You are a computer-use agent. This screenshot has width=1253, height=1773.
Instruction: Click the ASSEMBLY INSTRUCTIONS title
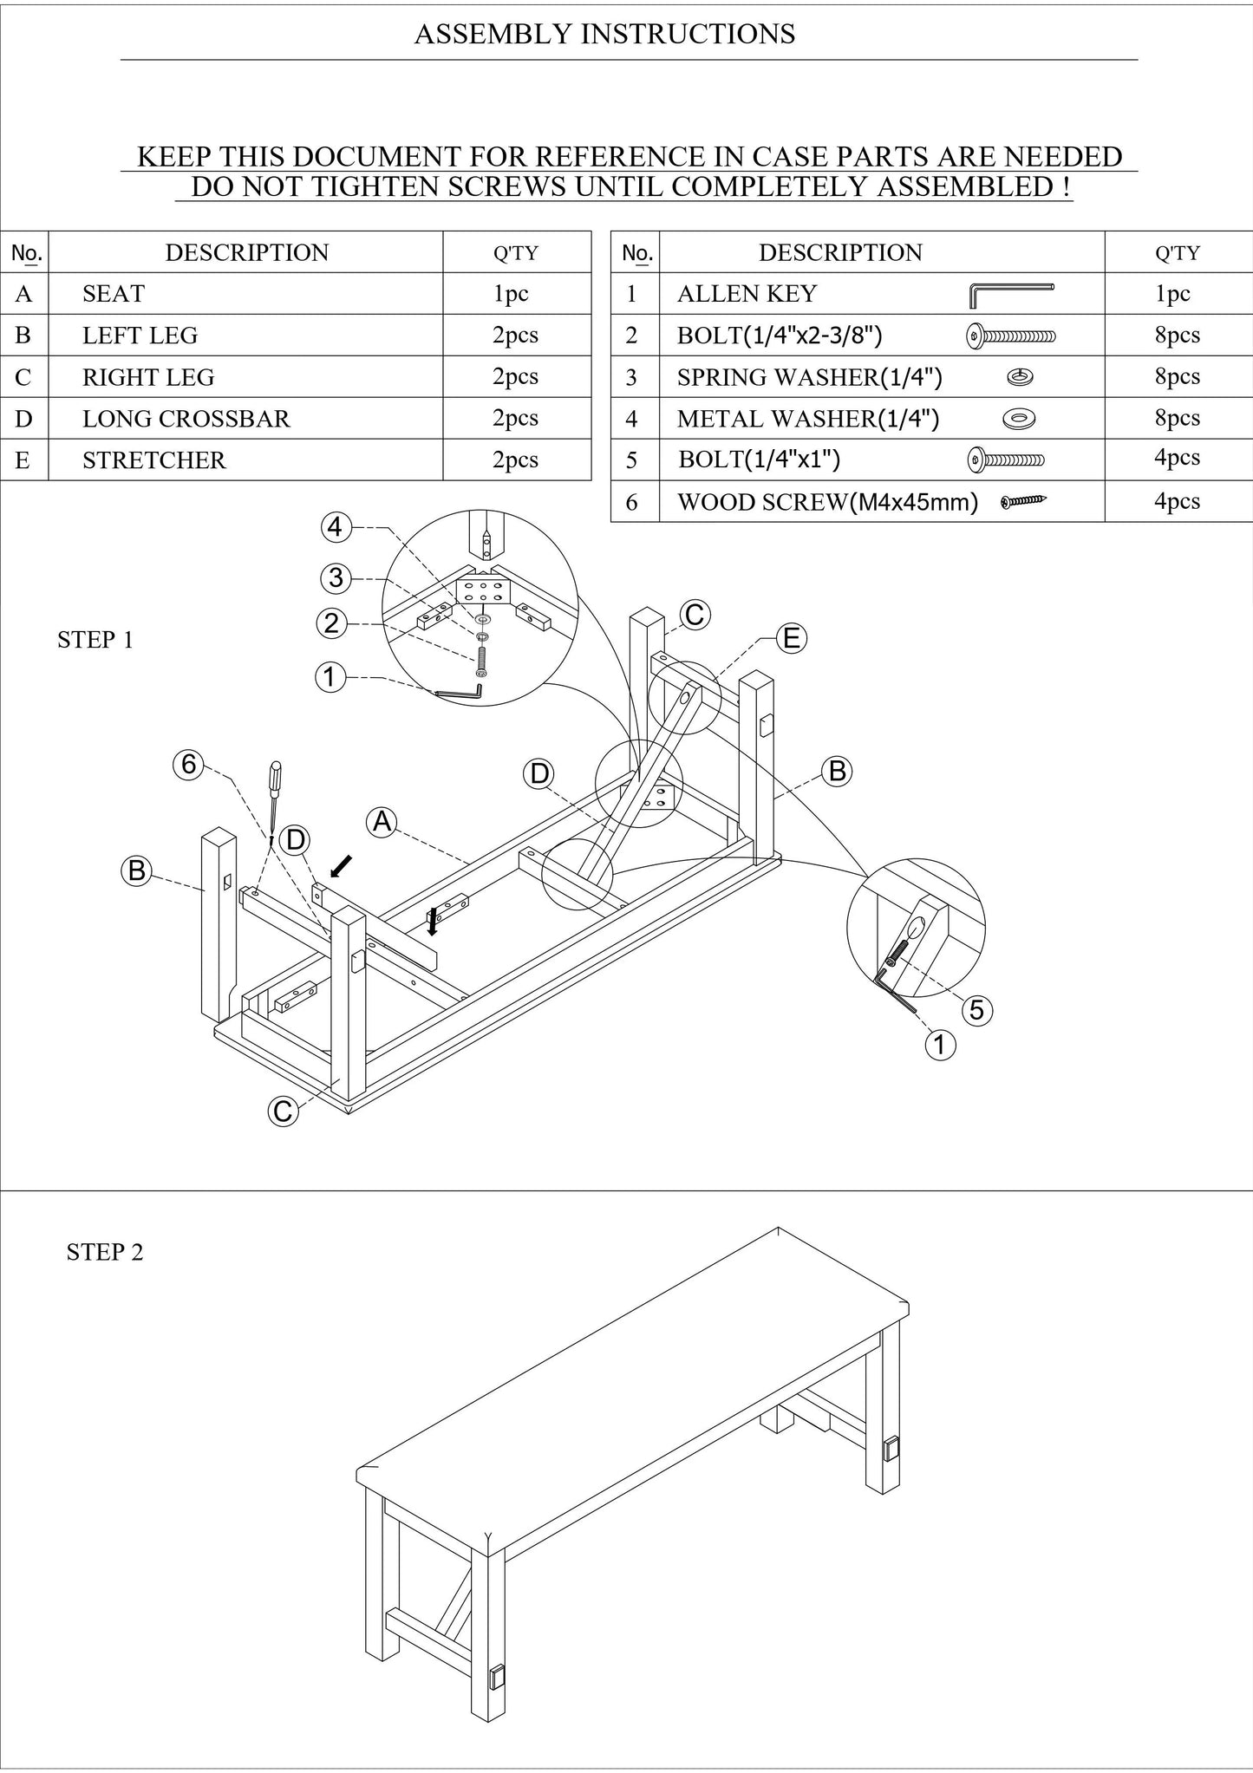(604, 34)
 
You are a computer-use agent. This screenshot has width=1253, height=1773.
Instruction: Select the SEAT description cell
(114, 294)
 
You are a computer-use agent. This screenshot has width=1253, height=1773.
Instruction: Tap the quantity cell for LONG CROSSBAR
(515, 418)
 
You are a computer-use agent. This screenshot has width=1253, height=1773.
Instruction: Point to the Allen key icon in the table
(1010, 295)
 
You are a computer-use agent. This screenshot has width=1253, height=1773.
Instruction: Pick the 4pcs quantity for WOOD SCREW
(1177, 501)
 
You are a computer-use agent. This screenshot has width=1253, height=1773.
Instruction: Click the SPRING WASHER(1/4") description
(809, 377)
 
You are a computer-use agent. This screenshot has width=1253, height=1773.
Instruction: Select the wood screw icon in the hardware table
(1023, 501)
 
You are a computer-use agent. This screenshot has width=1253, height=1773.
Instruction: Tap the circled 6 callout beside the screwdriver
(189, 764)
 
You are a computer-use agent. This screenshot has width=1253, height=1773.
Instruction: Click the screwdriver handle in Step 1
(276, 778)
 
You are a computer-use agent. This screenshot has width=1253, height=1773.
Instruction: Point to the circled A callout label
(382, 821)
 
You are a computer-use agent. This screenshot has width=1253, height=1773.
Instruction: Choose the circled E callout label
(791, 639)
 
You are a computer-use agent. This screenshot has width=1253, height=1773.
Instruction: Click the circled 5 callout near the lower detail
(976, 1010)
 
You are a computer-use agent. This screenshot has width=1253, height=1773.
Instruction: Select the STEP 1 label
(95, 640)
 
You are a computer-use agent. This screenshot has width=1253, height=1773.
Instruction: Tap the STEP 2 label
(105, 1252)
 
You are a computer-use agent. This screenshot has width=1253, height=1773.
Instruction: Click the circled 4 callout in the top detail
(336, 526)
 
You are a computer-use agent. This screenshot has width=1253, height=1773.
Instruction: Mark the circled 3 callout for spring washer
(336, 577)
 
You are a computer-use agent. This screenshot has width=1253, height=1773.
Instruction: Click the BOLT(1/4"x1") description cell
(759, 459)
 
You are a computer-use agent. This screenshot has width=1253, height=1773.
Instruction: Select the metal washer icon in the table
(1019, 420)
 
